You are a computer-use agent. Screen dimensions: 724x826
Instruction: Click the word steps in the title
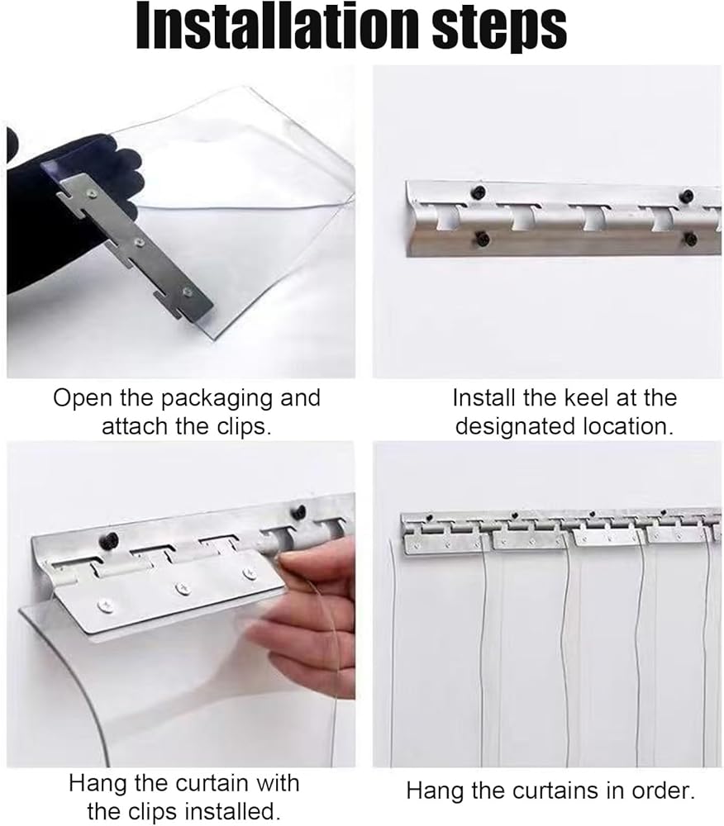pos(500,30)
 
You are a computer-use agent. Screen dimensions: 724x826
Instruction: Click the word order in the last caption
pos(665,790)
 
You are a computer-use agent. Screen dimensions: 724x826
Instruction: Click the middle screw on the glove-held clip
pos(139,242)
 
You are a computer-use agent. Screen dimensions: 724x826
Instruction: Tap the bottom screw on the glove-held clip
pos(187,291)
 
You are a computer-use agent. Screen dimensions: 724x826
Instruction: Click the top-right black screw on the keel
pos(687,195)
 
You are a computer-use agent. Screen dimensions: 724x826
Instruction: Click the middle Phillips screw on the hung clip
pos(183,586)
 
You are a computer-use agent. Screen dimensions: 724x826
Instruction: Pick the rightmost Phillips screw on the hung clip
pos(250,572)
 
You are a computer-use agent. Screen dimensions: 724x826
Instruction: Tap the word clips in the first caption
pos(243,427)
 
